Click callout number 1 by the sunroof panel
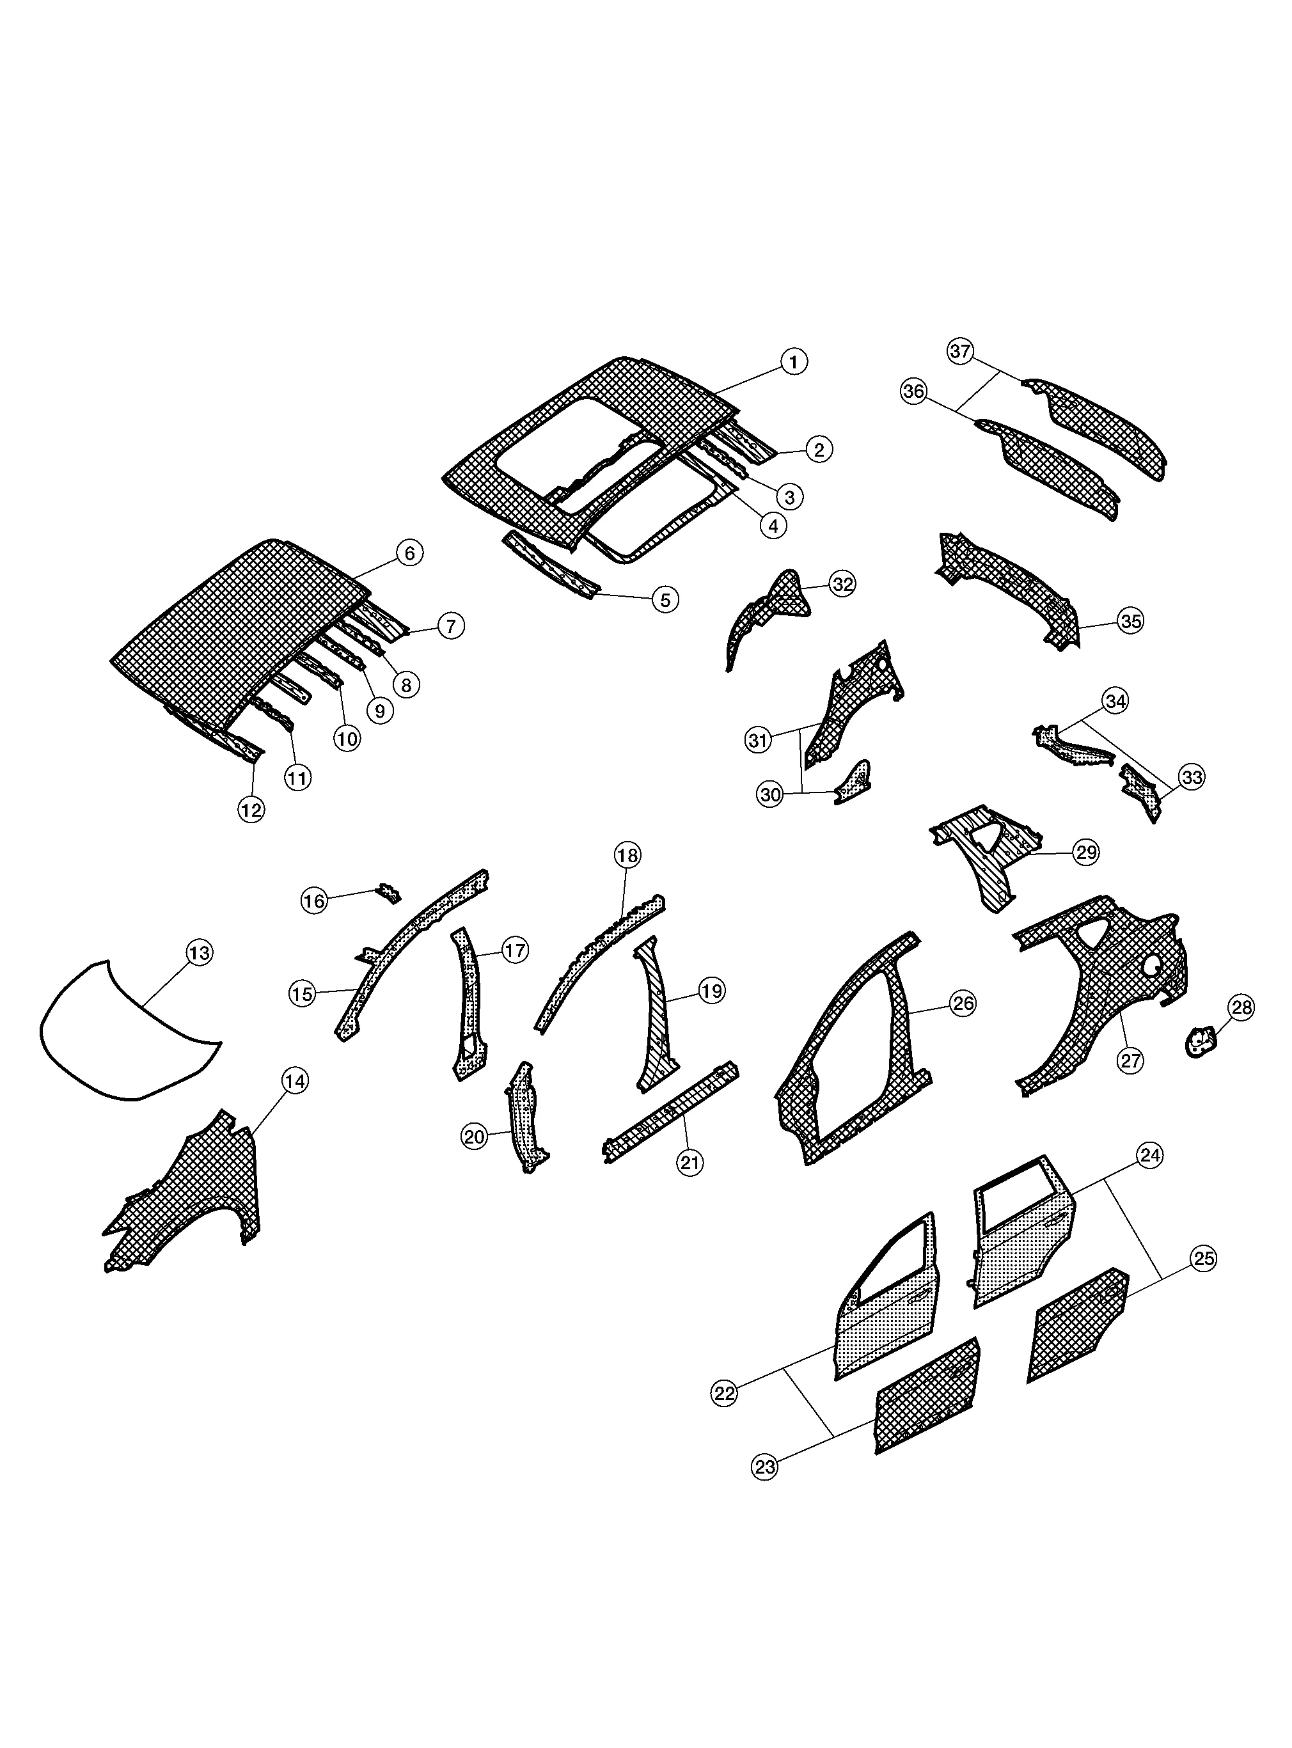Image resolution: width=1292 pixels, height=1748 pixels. (x=794, y=362)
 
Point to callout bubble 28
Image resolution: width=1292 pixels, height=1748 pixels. (x=1242, y=1008)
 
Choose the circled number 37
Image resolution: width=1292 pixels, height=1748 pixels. (x=961, y=351)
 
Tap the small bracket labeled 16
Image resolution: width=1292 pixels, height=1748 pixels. (x=389, y=892)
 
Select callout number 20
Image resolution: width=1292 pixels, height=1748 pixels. (x=475, y=1137)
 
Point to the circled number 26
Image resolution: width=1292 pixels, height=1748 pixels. (x=962, y=1004)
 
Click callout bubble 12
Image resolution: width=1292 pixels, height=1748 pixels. (x=251, y=810)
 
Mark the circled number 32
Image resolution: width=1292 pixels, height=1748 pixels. (x=842, y=584)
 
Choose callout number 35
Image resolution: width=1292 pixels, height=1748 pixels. (x=1131, y=622)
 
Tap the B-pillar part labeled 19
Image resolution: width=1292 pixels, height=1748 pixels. (x=657, y=1017)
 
